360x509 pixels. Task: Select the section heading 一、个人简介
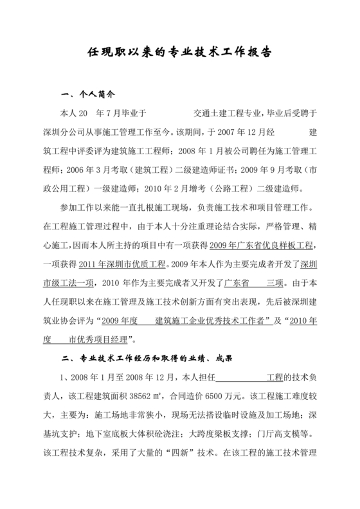85,94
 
